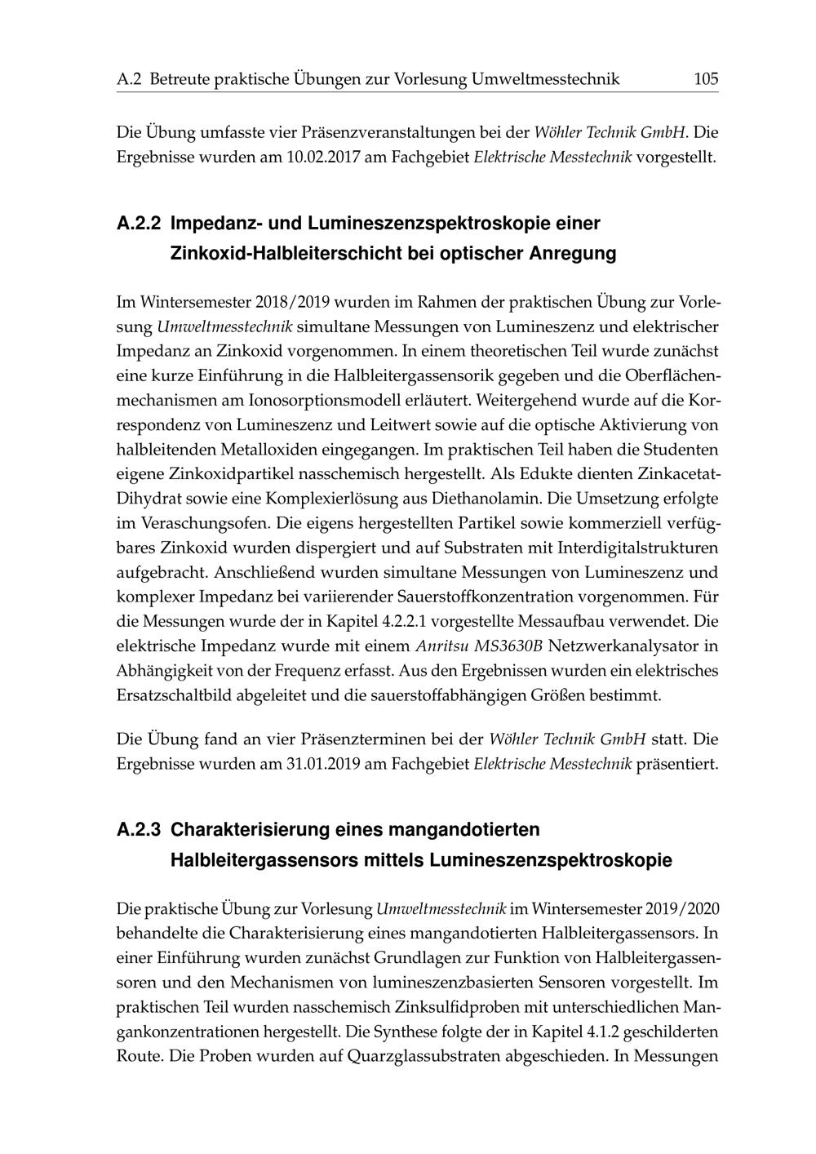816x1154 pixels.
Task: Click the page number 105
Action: click(x=705, y=79)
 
